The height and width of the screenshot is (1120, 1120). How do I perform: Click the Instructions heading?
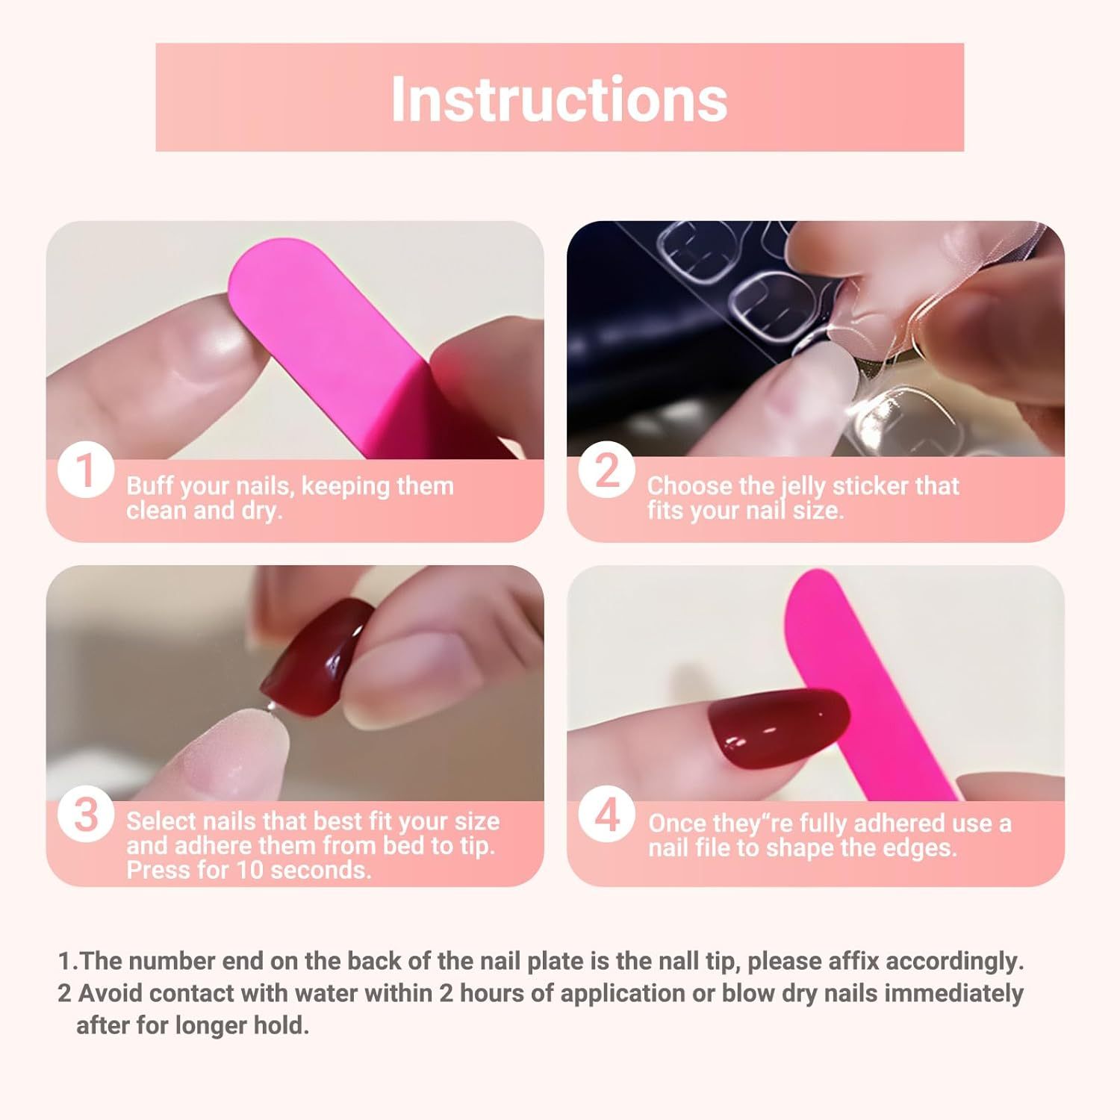[559, 99]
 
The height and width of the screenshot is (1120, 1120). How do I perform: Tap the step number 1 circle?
[86, 471]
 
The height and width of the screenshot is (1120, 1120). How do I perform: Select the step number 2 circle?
[606, 471]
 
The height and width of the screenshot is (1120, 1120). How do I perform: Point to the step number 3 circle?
[86, 815]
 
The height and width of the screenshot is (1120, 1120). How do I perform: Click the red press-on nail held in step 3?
[317, 657]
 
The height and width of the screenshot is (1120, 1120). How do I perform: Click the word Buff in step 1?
[150, 486]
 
